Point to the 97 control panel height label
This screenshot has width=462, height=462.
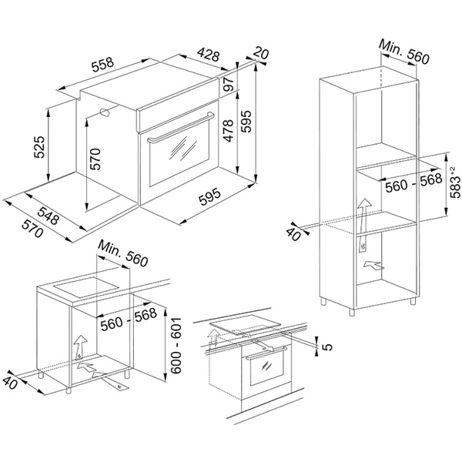(228, 86)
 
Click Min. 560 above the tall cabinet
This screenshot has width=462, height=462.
(403, 55)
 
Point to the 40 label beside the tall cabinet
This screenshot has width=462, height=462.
(293, 234)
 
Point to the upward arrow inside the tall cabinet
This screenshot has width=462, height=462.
(363, 209)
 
